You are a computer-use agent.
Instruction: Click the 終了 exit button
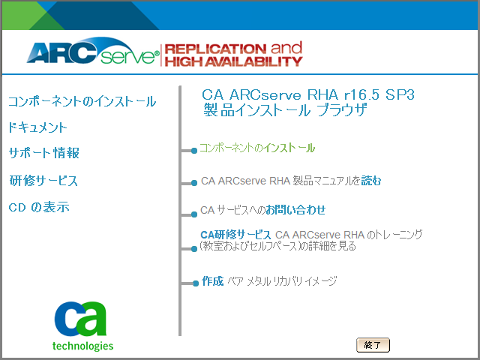[x=373, y=345]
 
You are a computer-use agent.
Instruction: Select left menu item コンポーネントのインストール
[x=82, y=101]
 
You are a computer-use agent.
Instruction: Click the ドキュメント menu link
[x=37, y=127]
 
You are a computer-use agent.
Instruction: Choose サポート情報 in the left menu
[x=43, y=153]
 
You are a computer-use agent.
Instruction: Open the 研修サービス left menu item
[x=43, y=180]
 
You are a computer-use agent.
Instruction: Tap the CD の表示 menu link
[x=39, y=207]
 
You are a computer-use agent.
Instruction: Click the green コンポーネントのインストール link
[x=257, y=148]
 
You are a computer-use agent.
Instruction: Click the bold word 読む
[x=371, y=181]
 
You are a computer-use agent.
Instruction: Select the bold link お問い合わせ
[x=295, y=210]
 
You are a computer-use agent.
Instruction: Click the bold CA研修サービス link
[x=235, y=235]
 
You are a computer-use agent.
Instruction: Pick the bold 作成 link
[x=212, y=281]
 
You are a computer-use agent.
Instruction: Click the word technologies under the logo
[x=82, y=346]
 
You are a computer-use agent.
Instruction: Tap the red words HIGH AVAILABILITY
[x=233, y=61]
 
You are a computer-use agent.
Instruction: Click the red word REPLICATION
[x=215, y=48]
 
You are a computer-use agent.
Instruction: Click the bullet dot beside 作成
[x=196, y=283]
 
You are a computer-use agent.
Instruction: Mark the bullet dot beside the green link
[x=194, y=151]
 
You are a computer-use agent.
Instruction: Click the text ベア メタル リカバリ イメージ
[x=282, y=281]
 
